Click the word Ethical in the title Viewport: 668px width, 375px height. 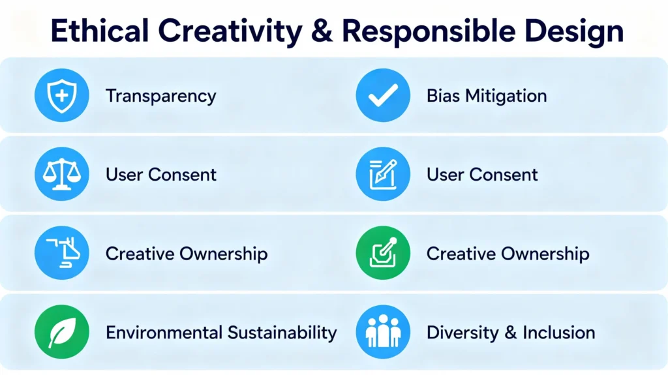100,31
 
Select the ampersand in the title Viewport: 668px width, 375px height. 322,31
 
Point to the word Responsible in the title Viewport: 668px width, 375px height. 428,31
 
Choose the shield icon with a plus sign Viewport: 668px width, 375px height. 62,95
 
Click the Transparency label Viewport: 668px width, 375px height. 161,96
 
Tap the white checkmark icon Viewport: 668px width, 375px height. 383,95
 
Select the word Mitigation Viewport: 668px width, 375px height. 506,96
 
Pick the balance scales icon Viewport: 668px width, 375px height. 62,174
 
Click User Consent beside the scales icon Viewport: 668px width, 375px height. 161,174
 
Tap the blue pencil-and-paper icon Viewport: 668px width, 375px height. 383,174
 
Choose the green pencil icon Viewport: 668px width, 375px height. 383,252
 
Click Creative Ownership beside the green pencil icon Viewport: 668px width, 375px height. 508,254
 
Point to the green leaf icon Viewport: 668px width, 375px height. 62,331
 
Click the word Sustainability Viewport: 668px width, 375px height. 282,333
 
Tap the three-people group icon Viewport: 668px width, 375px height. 383,331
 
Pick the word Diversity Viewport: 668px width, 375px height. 463,333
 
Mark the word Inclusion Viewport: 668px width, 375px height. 559,333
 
